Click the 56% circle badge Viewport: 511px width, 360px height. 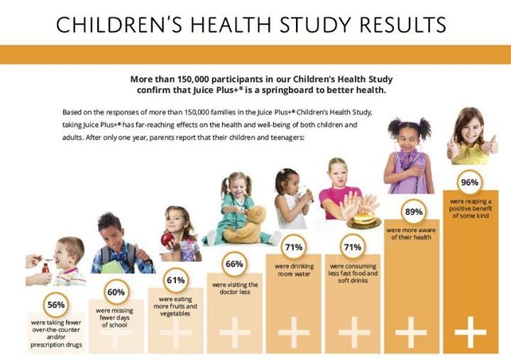56,305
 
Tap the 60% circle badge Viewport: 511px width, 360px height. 116,292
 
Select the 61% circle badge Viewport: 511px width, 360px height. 175,279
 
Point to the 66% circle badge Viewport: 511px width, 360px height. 234,263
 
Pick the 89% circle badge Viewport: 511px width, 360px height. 414,212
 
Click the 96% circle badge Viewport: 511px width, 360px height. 469,182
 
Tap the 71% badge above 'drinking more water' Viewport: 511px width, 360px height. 293,247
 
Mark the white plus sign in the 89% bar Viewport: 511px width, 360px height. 411,332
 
